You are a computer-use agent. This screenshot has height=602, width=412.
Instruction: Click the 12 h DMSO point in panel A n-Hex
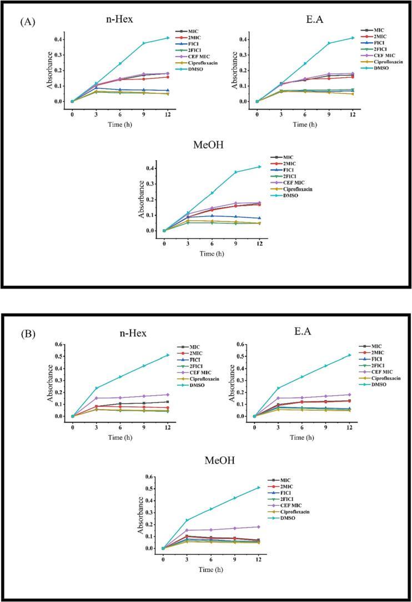[168, 38]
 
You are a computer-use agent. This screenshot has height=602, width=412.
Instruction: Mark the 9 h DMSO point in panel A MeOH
[235, 172]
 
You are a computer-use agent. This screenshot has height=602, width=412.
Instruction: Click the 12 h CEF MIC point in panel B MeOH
[258, 526]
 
